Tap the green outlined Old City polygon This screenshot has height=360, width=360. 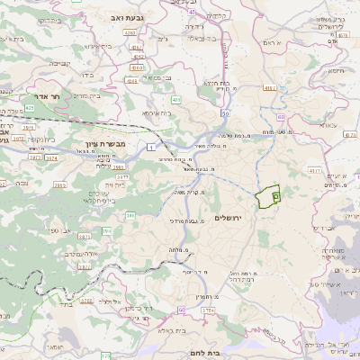tap(267, 197)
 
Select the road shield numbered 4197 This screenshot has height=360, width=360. tap(269, 88)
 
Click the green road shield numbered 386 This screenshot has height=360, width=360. tap(130, 216)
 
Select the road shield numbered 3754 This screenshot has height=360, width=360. tap(209, 310)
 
